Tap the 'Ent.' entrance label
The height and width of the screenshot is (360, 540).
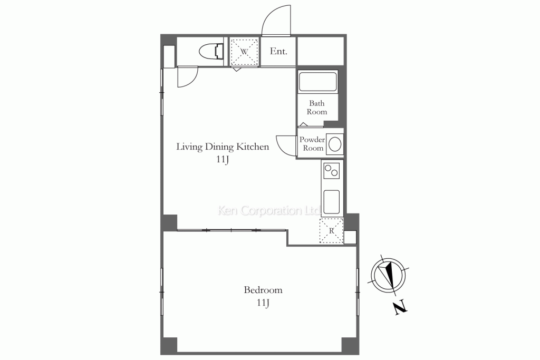point(278,51)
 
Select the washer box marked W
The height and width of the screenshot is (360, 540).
point(244,52)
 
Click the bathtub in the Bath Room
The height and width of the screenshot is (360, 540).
point(317,81)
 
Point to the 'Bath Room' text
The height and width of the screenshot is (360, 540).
point(317,108)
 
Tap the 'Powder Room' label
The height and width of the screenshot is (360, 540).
point(312,143)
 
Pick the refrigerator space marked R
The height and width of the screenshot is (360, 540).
point(331,230)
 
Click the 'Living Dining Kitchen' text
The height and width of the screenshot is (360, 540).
point(223,147)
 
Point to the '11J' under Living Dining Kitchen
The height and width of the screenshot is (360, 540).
point(223,159)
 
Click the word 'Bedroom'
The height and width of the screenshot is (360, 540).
point(263,290)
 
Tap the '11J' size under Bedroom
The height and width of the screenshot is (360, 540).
point(263,303)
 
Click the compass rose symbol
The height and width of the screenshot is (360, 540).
point(389,275)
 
